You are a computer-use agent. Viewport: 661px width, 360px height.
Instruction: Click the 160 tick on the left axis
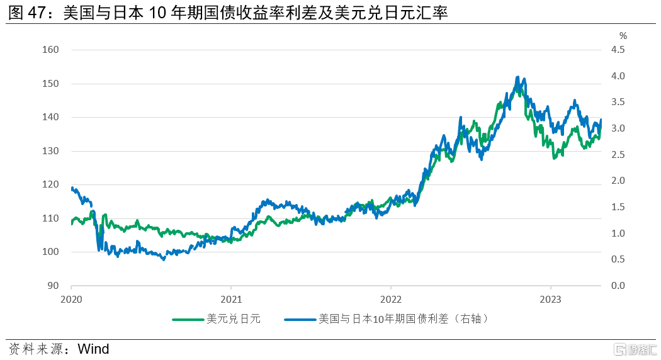click(x=51, y=50)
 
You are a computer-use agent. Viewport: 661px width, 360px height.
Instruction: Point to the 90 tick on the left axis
click(x=54, y=286)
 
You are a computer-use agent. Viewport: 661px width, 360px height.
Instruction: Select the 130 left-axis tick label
click(x=51, y=151)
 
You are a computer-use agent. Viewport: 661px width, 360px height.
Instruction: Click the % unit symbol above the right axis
click(x=623, y=35)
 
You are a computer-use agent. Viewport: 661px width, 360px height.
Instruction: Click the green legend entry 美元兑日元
click(x=234, y=319)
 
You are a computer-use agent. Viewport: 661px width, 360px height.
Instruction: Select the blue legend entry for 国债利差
click(x=403, y=319)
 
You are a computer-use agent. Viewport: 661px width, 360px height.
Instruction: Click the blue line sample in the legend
click(x=300, y=320)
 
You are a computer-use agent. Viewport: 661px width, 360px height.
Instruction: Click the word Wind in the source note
click(x=93, y=349)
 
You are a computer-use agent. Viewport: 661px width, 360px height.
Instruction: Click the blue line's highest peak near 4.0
click(x=517, y=77)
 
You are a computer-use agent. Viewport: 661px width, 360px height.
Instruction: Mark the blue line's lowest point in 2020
click(x=164, y=259)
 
